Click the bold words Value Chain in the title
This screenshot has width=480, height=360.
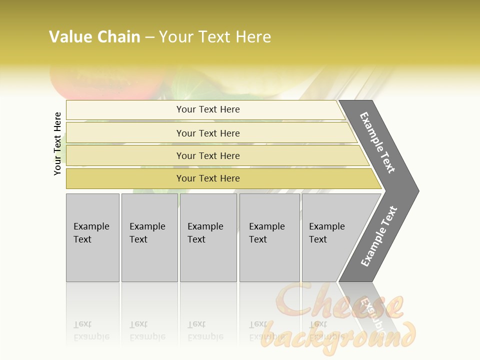[94, 37]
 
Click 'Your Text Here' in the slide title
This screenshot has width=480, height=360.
[215, 37]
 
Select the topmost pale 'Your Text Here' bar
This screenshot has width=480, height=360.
[208, 109]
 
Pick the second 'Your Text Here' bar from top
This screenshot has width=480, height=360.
[208, 133]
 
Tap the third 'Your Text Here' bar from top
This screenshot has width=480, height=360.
[208, 155]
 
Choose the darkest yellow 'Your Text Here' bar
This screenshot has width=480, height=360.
[208, 178]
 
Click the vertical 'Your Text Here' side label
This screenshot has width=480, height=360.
[57, 143]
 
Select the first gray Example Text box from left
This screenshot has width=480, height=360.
[92, 237]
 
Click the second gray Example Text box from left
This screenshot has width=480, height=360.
[149, 237]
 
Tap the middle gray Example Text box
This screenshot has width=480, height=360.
[208, 237]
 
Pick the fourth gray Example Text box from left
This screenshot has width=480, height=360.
[269, 237]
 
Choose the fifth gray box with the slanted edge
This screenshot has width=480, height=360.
[330, 237]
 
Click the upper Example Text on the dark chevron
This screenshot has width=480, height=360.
[377, 142]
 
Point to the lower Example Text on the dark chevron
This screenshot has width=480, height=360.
[378, 236]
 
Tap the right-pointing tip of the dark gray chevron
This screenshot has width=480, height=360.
[416, 190]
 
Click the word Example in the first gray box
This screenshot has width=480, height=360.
[91, 226]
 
